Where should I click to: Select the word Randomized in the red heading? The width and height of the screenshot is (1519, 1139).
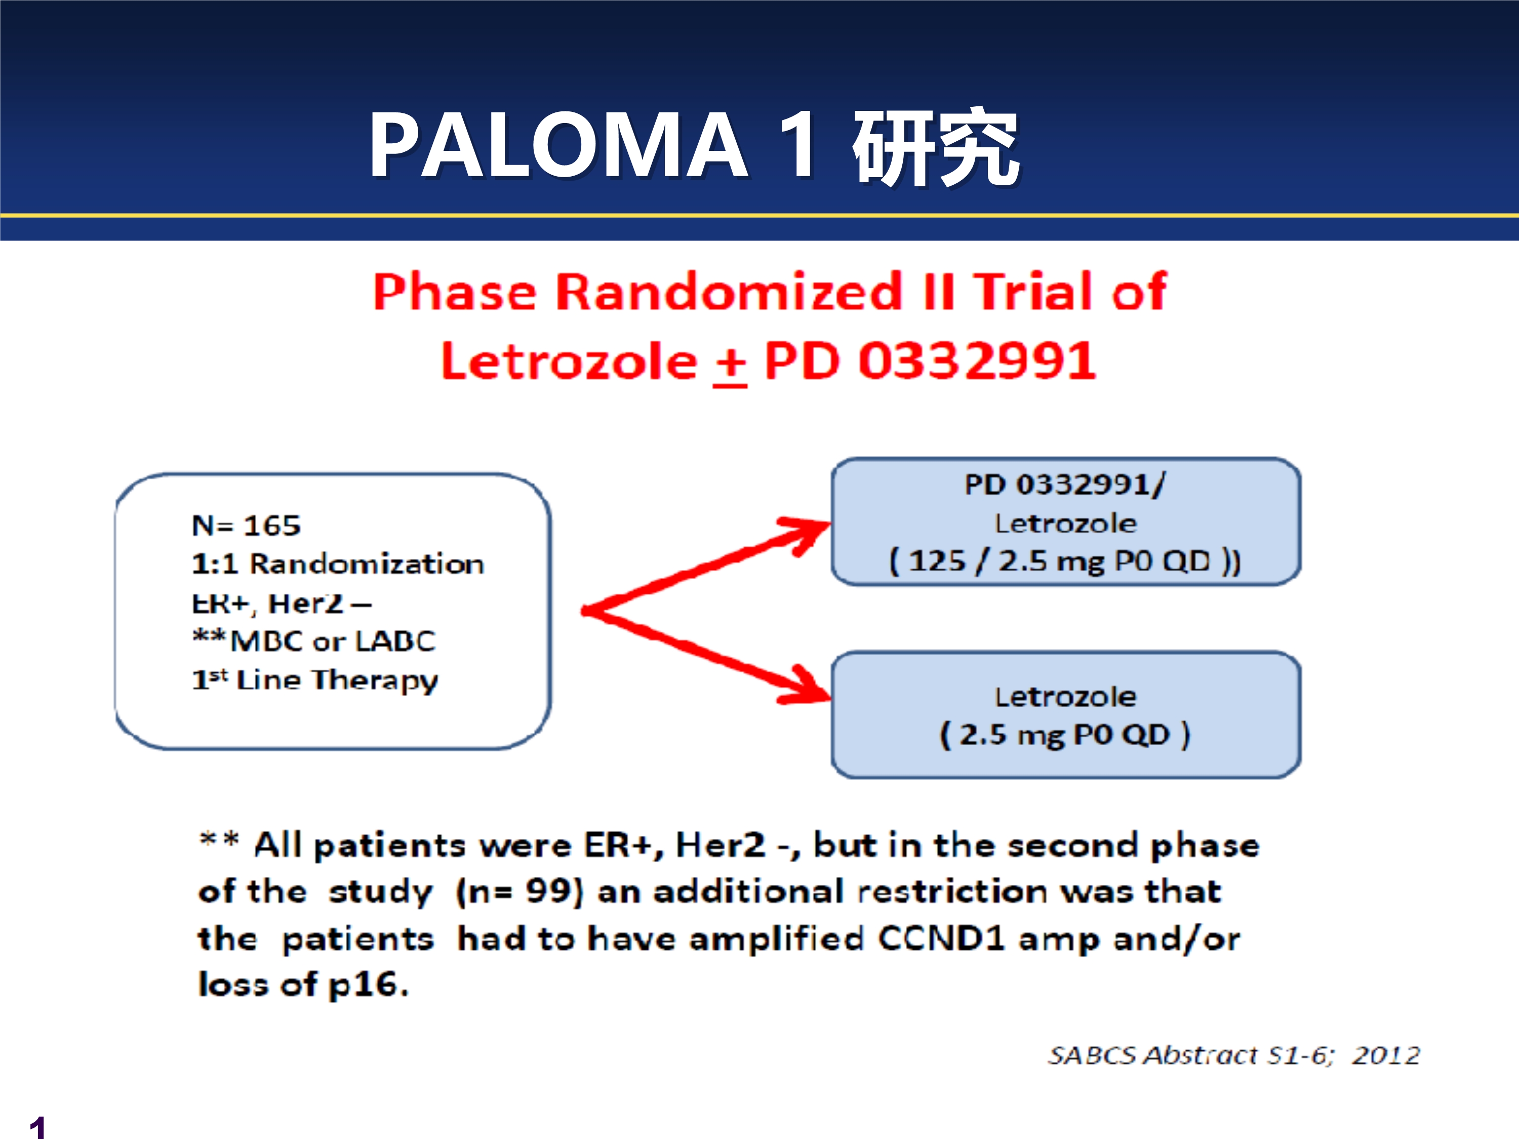coord(729,291)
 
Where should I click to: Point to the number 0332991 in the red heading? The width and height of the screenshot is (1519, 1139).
coord(977,360)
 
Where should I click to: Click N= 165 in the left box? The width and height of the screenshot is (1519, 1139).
coord(246,525)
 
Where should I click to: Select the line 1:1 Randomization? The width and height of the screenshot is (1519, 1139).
coord(338,563)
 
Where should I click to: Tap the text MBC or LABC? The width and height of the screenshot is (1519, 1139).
coord(332,641)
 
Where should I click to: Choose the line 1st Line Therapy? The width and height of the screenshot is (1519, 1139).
coord(314,680)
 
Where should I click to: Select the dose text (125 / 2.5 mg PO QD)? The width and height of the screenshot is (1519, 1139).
coord(1065,561)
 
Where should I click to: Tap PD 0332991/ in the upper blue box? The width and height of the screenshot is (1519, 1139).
coord(1065,485)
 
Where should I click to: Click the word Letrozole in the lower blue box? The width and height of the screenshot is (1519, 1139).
coord(1066,697)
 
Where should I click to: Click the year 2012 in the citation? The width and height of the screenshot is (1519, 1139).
coord(1386,1054)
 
